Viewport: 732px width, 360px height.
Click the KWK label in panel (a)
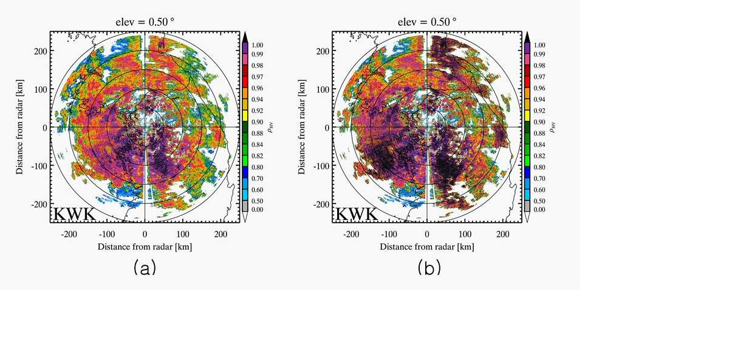75,214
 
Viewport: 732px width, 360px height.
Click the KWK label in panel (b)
357,214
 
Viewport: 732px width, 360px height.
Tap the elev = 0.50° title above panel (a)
145,22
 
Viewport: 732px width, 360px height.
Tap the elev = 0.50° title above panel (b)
427,22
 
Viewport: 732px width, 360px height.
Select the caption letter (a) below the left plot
145,268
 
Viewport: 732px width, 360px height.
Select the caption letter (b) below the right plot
429,268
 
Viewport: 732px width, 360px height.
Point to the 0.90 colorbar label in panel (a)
258,122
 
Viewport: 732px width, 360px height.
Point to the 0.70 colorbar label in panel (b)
539,178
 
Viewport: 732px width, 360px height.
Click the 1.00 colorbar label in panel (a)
258,45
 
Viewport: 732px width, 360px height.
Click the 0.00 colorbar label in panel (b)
539,209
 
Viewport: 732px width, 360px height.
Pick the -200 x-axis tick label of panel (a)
69,234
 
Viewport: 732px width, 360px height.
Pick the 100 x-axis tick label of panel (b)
465,234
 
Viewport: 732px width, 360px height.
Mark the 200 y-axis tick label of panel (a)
41,51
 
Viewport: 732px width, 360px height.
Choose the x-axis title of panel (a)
145,246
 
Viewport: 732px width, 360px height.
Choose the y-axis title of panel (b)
301,127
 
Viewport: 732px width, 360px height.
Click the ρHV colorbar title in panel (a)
270,127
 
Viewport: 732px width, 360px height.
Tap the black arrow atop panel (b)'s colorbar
527,37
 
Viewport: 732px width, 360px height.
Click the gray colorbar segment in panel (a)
245,206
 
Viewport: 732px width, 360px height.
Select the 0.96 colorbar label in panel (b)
539,88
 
